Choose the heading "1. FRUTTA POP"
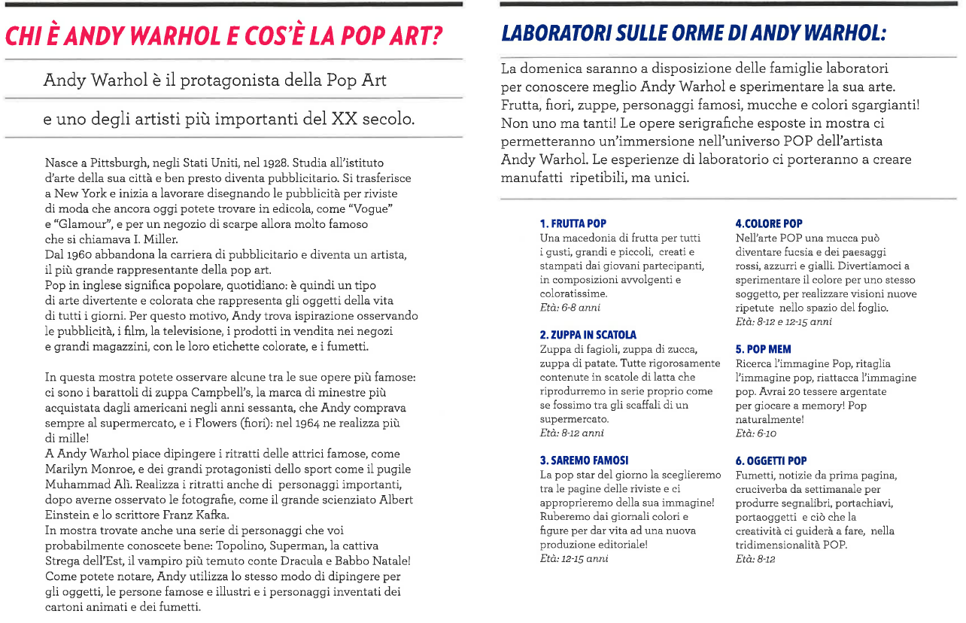tap(573, 223)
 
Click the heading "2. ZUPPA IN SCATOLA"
tap(588, 335)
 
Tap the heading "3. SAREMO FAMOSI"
tap(584, 460)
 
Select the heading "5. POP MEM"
tap(763, 350)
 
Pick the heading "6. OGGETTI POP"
tap(770, 460)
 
